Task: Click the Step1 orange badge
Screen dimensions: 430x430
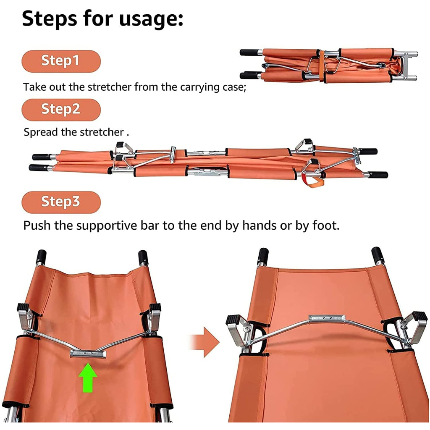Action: (61, 61)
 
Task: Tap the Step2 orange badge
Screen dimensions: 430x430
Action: (61, 110)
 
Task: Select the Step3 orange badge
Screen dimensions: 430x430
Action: (61, 202)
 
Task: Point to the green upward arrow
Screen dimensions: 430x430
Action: (88, 378)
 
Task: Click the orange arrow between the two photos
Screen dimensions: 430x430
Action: (205, 342)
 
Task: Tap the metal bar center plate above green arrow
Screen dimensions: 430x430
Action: (88, 354)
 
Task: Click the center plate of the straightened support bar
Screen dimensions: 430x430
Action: (327, 319)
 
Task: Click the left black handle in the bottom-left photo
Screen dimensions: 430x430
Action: (42, 257)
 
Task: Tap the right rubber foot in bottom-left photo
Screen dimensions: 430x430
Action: (155, 307)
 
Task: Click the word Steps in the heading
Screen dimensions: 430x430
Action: (50, 18)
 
